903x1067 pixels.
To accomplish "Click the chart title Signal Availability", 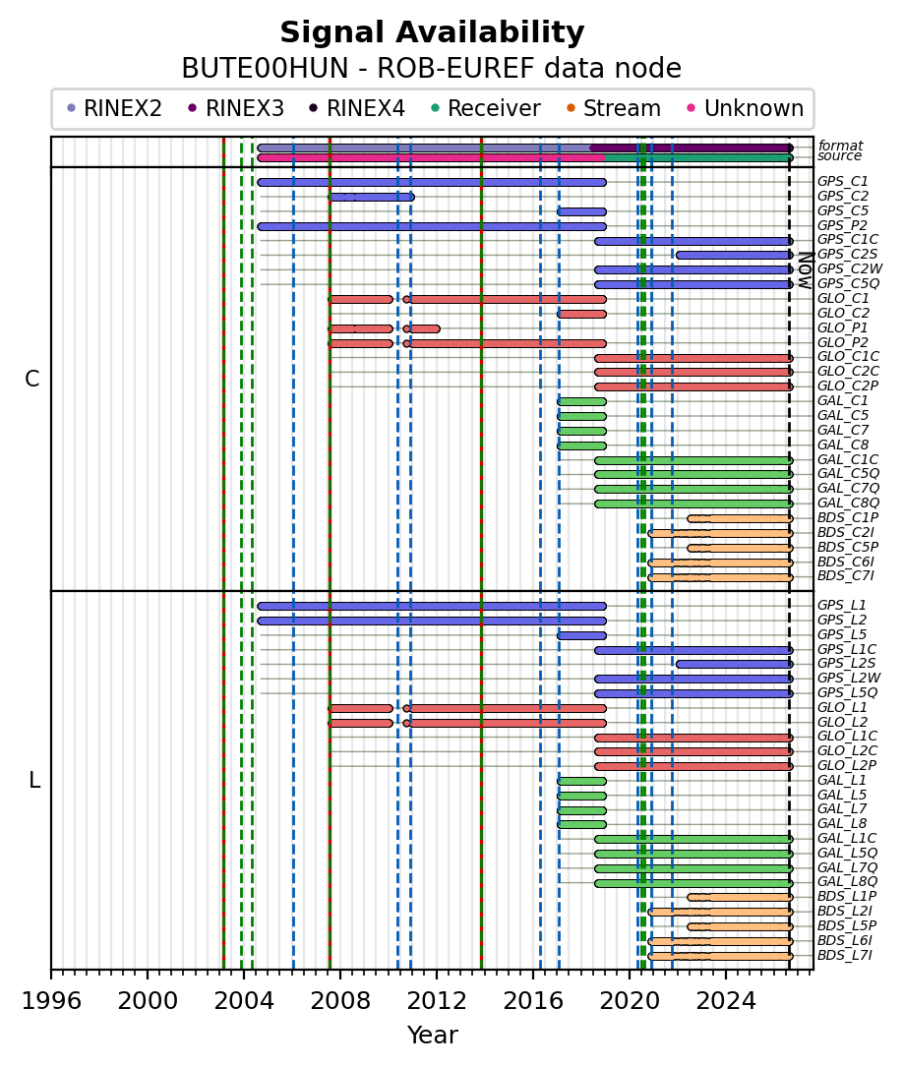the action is tap(432, 32).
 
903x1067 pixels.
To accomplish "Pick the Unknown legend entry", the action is tap(746, 108).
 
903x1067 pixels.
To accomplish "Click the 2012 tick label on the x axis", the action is tap(437, 1002).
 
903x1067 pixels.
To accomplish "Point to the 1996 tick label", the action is tap(52, 1002).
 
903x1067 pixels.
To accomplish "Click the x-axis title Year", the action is tap(432, 1035).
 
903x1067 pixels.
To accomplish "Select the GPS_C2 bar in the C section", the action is tap(372, 198).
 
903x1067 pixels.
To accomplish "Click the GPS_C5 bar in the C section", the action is tap(581, 211).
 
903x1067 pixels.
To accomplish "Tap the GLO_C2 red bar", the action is tap(581, 315).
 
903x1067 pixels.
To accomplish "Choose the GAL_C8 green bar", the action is tap(581, 445).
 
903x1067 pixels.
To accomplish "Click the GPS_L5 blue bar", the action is tap(581, 635).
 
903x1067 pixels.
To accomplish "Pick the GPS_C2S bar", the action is tap(734, 255).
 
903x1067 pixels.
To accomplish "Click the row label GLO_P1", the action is tap(842, 328).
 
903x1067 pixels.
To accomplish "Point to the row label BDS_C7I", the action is tap(846, 576).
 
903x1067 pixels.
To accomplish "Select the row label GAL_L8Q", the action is tap(847, 882).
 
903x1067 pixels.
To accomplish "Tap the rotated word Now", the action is tap(806, 270).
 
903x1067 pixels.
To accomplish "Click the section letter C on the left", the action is tap(32, 379).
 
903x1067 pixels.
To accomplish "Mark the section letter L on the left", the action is tap(34, 780).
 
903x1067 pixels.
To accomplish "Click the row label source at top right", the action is tap(840, 155).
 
